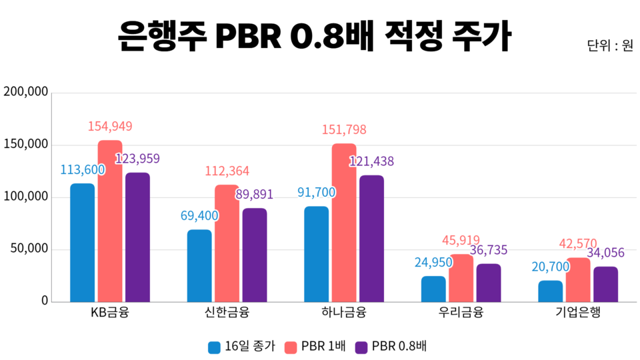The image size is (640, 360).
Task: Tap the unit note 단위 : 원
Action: [610, 46]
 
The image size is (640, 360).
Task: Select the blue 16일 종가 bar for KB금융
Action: [83, 243]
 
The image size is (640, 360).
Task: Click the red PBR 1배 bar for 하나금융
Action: [344, 223]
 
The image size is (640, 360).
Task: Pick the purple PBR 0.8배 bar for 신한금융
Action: [255, 255]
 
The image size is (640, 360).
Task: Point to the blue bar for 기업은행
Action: [551, 291]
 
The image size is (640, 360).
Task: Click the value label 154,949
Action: [110, 126]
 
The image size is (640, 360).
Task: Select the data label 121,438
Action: [372, 161]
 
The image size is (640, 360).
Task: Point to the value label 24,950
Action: [433, 262]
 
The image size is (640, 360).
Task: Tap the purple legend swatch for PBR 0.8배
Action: [362, 347]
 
